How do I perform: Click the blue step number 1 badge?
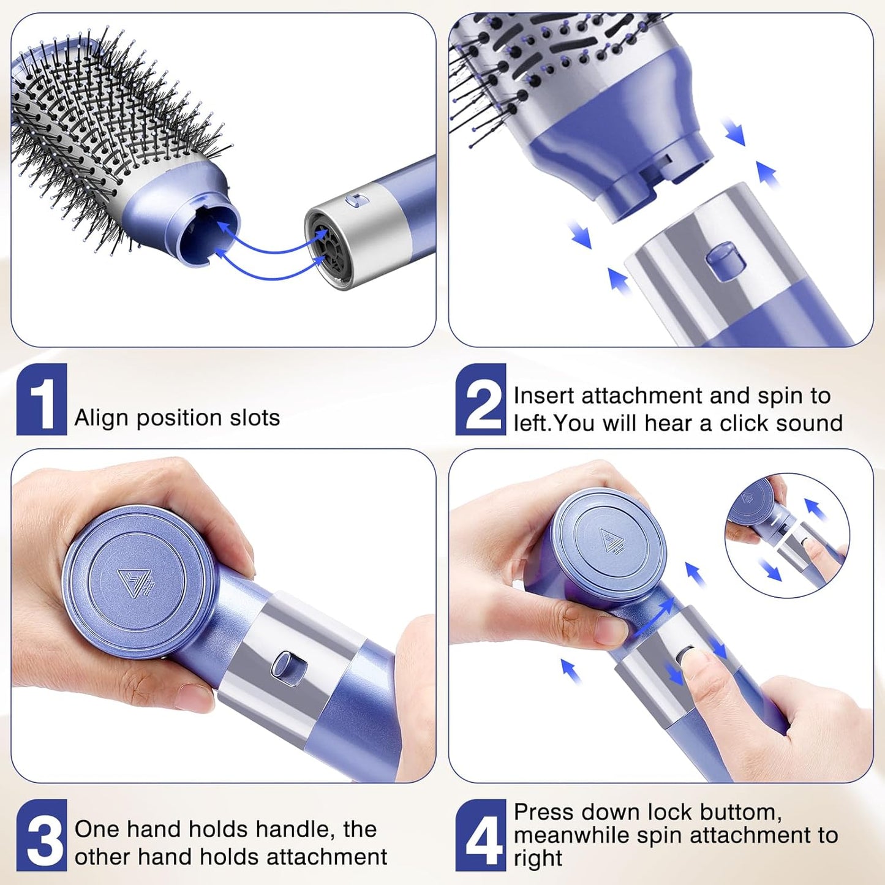42,399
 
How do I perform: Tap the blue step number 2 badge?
480,399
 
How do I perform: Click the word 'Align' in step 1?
101,418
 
